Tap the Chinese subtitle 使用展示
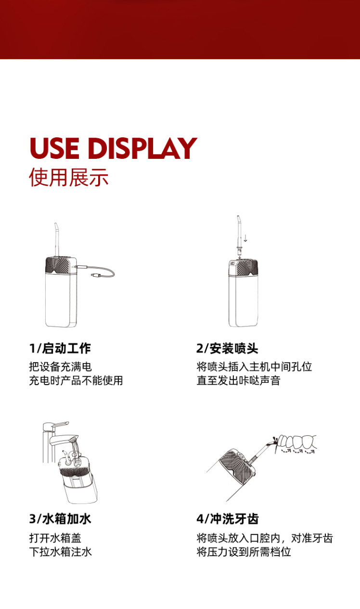coord(69,177)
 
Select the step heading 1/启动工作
coord(60,348)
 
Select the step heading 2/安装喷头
coord(227,348)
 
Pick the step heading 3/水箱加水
coord(60,519)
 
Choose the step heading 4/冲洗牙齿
coord(228,519)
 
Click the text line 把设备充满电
coord(60,367)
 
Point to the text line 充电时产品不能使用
coord(76,380)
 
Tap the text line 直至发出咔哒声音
coord(238,380)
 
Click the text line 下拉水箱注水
coord(60,552)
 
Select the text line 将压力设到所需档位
coord(244,552)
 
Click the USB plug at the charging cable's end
coord(96,275)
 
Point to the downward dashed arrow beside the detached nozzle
coord(245,238)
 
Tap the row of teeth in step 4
coord(297,442)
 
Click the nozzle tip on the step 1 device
coord(56,226)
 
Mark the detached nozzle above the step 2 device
coord(238,235)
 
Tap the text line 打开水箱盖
coord(55,538)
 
